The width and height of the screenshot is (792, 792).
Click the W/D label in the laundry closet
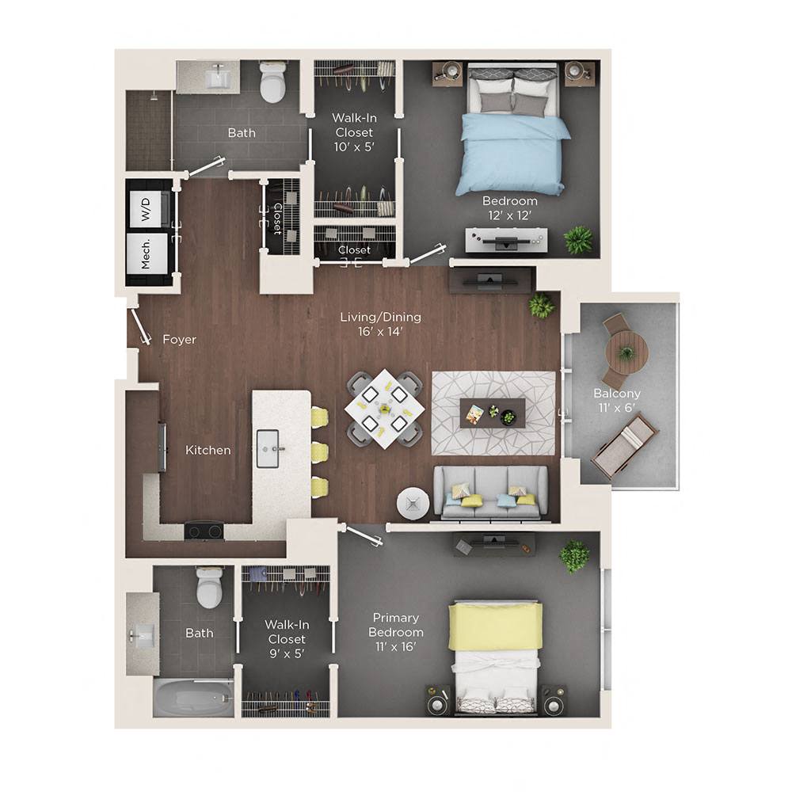pyautogui.click(x=146, y=209)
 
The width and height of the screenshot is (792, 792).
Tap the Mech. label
pyautogui.click(x=147, y=253)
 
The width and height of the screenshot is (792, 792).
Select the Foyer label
pyautogui.click(x=179, y=340)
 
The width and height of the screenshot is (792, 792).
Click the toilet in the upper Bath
pyautogui.click(x=272, y=82)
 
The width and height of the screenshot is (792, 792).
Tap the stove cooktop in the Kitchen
pyautogui.click(x=203, y=531)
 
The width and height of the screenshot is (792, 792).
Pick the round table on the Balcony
pyautogui.click(x=626, y=352)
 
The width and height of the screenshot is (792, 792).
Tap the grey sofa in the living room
pyautogui.click(x=491, y=492)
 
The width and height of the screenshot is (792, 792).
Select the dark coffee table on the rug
pyautogui.click(x=492, y=413)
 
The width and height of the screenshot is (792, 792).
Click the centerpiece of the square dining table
pyautogui.click(x=384, y=409)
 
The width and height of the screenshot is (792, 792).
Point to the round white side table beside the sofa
pyautogui.click(x=413, y=503)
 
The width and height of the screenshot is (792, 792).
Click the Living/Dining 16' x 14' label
pyautogui.click(x=380, y=324)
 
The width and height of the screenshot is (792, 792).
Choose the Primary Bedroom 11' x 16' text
pyautogui.click(x=396, y=632)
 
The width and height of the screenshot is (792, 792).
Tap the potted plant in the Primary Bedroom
pyautogui.click(x=574, y=556)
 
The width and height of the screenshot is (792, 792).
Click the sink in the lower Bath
pyautogui.click(x=143, y=634)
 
